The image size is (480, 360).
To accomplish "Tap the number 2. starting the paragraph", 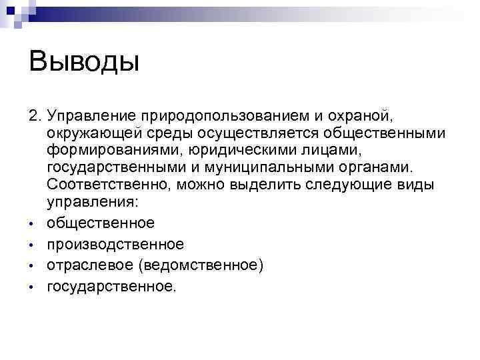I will [36, 117].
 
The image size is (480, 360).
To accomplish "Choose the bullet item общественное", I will [101, 222].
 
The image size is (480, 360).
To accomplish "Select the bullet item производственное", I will [115, 244].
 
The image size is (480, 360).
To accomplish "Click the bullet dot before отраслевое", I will [31, 267].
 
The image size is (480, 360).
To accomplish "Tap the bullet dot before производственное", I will [31, 245].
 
